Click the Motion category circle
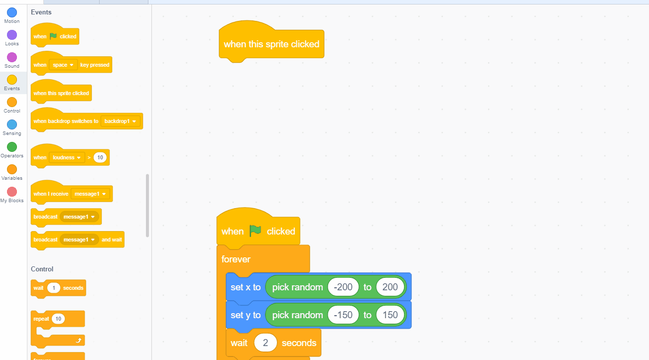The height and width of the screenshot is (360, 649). tap(12, 12)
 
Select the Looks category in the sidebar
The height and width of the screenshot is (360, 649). tap(12, 35)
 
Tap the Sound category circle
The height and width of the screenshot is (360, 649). tap(12, 57)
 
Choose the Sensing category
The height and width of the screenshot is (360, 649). tap(12, 124)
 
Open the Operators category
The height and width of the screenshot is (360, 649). tap(12, 147)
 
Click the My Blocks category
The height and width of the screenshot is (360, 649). tap(12, 192)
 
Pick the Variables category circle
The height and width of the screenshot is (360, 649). tap(12, 169)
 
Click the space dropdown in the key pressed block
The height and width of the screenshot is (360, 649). tap(63, 65)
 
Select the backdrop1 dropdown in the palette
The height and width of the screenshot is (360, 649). tap(120, 121)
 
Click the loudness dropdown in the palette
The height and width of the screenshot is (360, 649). tap(66, 157)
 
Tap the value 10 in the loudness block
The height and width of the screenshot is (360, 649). tap(100, 157)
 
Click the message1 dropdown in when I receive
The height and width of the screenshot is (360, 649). tap(90, 194)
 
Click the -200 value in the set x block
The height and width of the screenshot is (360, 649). tap(343, 287)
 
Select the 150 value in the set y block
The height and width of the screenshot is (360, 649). tap(390, 315)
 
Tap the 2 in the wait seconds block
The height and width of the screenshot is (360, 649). tap(265, 343)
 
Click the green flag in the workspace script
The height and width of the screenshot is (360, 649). tap(255, 231)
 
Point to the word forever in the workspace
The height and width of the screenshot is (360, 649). tap(236, 259)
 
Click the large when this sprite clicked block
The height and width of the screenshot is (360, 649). tap(271, 44)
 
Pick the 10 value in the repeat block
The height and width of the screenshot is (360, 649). tap(58, 319)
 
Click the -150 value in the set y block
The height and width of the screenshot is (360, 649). tap(343, 315)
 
